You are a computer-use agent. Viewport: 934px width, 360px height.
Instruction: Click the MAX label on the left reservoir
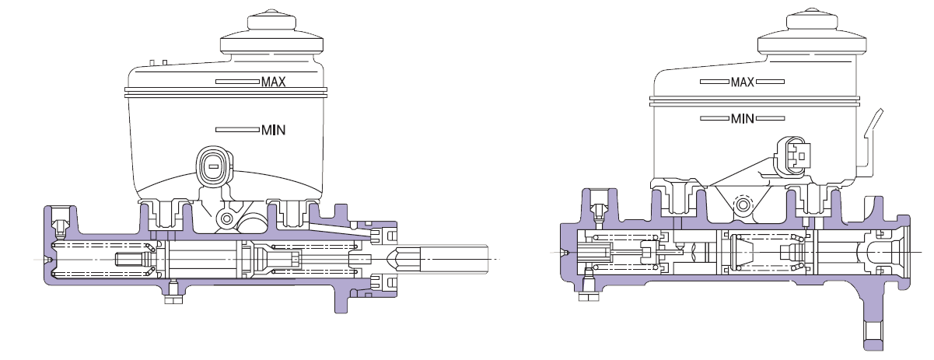point(273,82)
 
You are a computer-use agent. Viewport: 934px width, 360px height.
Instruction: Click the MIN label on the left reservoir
point(273,130)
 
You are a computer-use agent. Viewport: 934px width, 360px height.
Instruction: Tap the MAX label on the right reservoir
point(742,82)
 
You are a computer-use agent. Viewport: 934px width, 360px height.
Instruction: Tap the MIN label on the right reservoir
point(742,119)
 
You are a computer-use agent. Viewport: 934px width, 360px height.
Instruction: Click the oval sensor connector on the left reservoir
point(214,166)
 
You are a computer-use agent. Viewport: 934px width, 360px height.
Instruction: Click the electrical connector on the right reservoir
point(792,157)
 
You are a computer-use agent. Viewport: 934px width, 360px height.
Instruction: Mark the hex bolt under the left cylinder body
point(173,299)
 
